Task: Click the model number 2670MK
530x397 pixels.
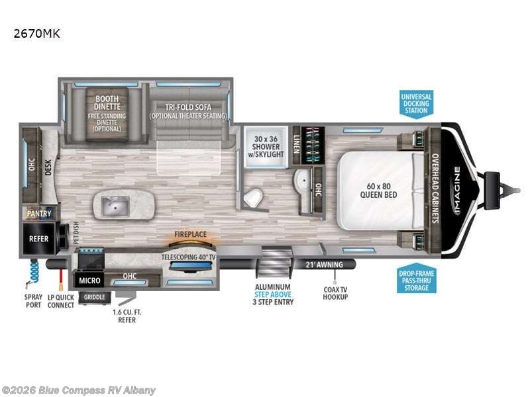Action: click(36, 32)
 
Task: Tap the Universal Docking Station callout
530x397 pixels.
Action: click(416, 103)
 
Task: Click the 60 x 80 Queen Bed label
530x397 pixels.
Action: click(378, 190)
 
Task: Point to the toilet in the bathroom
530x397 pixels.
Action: click(252, 197)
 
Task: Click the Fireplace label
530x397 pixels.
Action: click(191, 234)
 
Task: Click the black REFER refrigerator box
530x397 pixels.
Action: click(38, 239)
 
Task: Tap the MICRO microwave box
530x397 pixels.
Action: click(88, 281)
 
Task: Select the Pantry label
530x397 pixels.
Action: click(38, 213)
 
